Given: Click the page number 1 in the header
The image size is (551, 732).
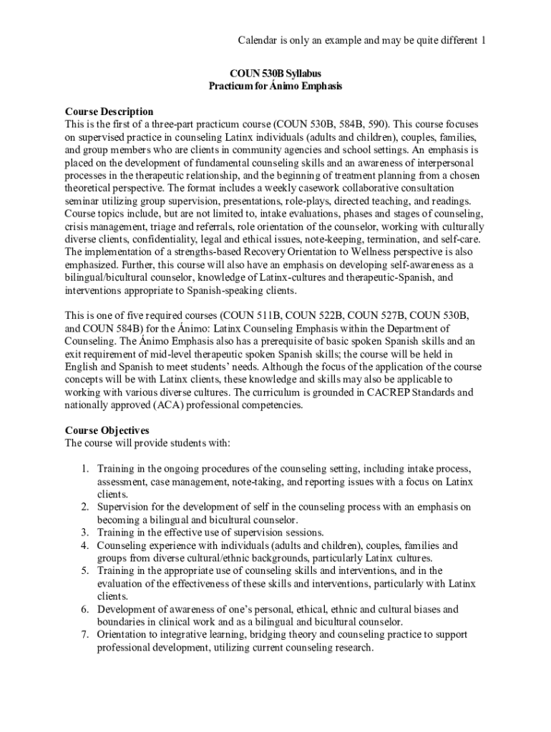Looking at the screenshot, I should (483, 40).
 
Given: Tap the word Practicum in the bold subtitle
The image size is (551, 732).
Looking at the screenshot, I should (230, 86).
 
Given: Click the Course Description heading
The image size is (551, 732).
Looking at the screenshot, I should (109, 112).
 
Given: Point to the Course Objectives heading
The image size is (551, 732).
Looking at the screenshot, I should (107, 430).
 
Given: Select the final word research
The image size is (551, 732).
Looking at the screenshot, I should (350, 648).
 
